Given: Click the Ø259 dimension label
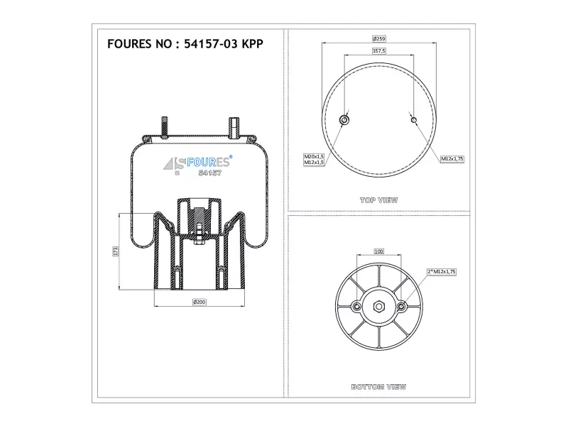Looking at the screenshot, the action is (379, 38).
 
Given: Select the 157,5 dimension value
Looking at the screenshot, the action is (379, 50).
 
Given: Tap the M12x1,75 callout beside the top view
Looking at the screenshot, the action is (452, 158).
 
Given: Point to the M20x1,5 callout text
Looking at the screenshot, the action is (314, 156).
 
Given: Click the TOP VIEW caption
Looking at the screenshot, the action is (379, 200).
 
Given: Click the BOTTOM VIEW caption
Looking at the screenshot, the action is (379, 387).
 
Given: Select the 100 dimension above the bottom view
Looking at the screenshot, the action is (378, 251).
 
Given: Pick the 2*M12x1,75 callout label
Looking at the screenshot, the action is (442, 272).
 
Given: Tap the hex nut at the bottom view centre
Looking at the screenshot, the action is (379, 307).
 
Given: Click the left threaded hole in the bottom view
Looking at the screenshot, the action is (357, 307).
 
